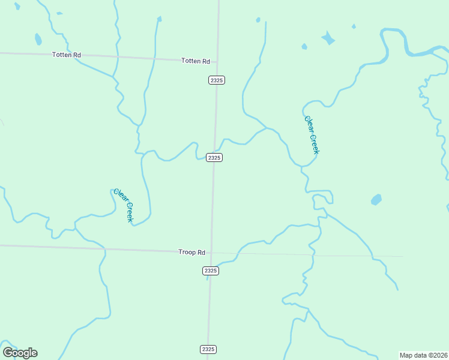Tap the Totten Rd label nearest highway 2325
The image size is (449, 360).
pyautogui.click(x=196, y=61)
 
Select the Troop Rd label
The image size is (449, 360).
pyautogui.click(x=191, y=253)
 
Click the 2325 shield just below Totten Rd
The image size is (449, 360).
pyautogui.click(x=217, y=80)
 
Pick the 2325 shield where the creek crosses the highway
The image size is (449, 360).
pyautogui.click(x=214, y=157)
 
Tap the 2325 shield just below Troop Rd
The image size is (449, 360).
pyautogui.click(x=210, y=271)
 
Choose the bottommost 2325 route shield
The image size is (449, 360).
pyautogui.click(x=207, y=349)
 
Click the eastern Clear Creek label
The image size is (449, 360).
pyautogui.click(x=311, y=134)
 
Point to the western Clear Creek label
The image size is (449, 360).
pyautogui.click(x=123, y=205)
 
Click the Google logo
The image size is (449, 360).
pyautogui.click(x=20, y=353)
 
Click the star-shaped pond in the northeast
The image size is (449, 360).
pyautogui.click(x=328, y=38)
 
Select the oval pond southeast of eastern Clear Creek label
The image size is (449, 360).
pyautogui.click(x=376, y=199)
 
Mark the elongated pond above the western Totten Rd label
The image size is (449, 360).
pyautogui.click(x=38, y=40)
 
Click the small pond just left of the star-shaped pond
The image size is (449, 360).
pyautogui.click(x=304, y=46)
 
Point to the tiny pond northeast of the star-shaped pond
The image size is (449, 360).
pyautogui.click(x=354, y=26)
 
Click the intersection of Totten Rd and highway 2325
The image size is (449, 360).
pyautogui.click(x=217, y=62)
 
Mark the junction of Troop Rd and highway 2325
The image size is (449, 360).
pyautogui.click(x=211, y=253)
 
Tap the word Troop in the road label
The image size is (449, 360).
pyautogui.click(x=187, y=253)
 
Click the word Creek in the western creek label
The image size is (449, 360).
pyautogui.click(x=128, y=211)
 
